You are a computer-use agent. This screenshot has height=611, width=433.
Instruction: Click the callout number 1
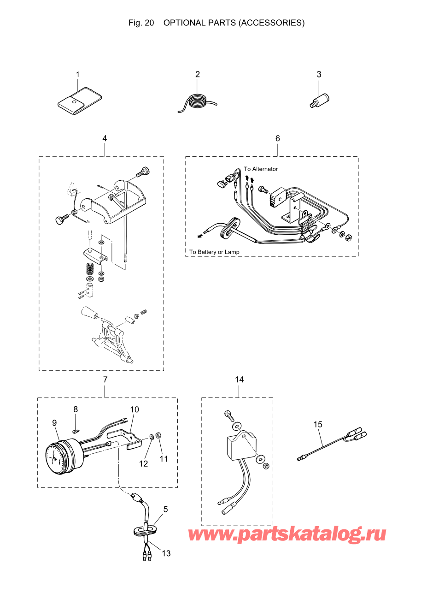(77, 74)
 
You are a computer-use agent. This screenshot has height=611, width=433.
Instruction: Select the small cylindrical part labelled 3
(319, 100)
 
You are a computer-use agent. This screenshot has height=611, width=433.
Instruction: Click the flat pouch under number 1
(79, 101)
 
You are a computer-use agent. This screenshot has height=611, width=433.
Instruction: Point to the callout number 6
(277, 138)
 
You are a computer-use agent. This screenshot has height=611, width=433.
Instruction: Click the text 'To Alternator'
(261, 169)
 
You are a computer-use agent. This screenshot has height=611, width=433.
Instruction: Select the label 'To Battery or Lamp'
(214, 252)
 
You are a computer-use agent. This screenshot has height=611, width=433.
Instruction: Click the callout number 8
(76, 409)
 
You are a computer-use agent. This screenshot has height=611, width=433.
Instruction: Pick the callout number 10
(135, 409)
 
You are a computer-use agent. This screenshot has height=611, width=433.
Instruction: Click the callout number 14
(239, 380)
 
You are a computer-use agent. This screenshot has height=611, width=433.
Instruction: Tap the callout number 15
(318, 424)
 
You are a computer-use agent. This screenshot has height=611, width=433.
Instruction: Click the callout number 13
(166, 553)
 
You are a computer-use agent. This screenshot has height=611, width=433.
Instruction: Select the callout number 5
(165, 509)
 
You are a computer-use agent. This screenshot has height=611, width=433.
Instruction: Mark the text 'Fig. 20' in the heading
(141, 23)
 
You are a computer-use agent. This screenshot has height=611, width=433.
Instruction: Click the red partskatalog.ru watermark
(287, 534)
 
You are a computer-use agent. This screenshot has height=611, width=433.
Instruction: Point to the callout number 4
(105, 138)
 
